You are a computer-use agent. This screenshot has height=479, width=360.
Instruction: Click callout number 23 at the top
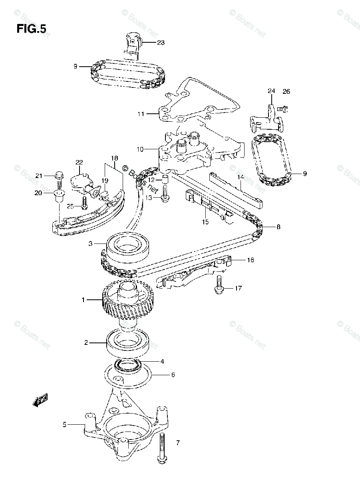pos(161,42)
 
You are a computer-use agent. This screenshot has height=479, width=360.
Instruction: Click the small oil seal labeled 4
pos(127,364)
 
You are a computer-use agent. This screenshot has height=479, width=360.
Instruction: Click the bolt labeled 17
pos(218,285)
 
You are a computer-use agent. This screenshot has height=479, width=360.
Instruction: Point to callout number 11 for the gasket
pos(141,114)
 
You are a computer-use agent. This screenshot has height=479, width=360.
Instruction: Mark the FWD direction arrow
pos(40,400)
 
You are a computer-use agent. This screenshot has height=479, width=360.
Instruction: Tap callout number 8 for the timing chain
pos(278,227)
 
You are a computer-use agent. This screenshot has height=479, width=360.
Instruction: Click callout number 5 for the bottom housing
pos(64,425)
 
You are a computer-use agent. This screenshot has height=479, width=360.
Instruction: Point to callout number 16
pos(250,260)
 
